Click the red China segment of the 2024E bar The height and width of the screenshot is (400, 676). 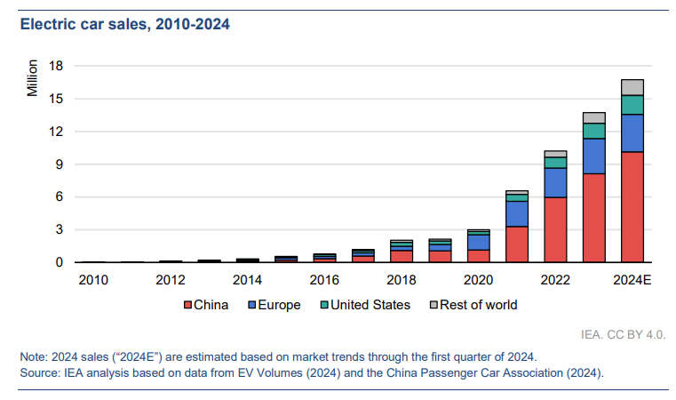coord(632,207)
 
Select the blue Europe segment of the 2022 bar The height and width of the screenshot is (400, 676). coord(555,182)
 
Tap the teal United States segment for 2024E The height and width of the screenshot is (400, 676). coord(632,105)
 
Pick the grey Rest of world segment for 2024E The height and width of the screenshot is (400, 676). coord(632,87)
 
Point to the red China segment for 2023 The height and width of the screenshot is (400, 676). coord(594,218)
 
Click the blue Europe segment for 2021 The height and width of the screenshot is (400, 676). coord(517,213)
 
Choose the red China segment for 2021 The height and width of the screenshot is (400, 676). coord(517,244)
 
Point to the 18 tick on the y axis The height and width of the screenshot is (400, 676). coord(57,66)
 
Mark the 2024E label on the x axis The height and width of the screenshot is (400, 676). coord(632,280)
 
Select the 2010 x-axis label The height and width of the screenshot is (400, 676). coord(93,280)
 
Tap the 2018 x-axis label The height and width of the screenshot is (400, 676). coord(402,280)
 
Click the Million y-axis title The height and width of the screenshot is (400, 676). coord(33,78)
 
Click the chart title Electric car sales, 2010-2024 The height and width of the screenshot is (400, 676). coord(125,25)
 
